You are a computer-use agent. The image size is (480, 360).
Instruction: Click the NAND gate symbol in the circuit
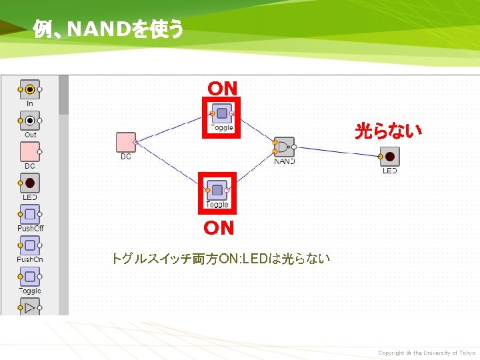(284, 147)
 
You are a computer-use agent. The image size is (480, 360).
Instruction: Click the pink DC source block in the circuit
(125, 142)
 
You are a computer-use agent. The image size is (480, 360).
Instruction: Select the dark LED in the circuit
(389, 157)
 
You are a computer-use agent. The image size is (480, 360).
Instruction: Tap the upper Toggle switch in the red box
(221, 113)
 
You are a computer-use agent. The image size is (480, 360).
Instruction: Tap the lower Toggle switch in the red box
(217, 190)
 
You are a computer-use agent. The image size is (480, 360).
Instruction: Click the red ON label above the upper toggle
(222, 88)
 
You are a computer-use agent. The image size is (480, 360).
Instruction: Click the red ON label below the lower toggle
(219, 228)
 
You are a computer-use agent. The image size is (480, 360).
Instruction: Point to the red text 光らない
(389, 131)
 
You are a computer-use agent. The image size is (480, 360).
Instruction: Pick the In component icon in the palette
(30, 89)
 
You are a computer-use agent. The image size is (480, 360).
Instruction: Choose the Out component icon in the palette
(30, 121)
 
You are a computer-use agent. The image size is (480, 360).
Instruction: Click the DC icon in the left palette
(30, 152)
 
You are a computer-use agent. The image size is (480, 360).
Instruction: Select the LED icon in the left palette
(30, 183)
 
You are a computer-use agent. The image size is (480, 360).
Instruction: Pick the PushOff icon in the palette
(30, 215)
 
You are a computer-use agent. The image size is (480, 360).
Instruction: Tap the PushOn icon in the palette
(30, 245)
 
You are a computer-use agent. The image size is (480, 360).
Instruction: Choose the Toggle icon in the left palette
(30, 277)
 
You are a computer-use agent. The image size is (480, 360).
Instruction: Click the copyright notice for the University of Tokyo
(427, 353)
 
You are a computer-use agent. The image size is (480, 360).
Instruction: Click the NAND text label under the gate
(285, 161)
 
